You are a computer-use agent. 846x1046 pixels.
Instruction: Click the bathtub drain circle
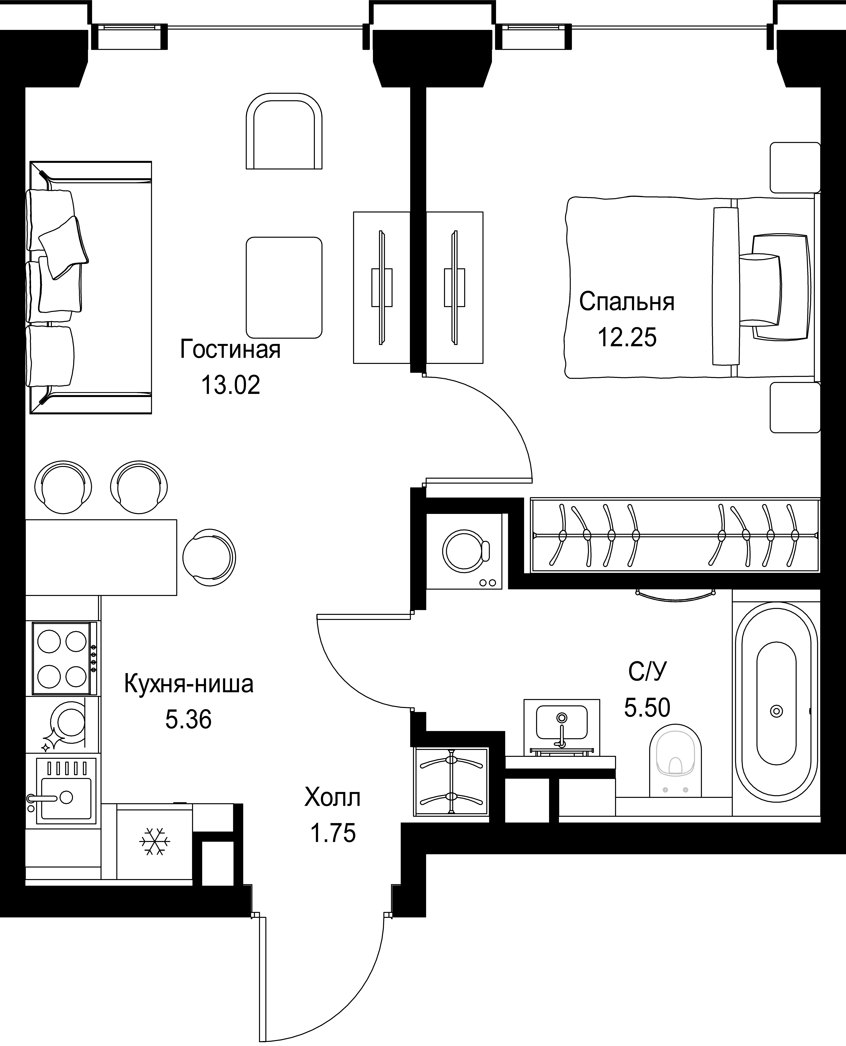pyautogui.click(x=776, y=711)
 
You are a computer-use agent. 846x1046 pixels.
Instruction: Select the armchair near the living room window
pyautogui.click(x=284, y=131)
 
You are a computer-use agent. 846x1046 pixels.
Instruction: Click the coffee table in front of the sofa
pyautogui.click(x=284, y=287)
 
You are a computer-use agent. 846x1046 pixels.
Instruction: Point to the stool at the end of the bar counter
pyautogui.click(x=209, y=558)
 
